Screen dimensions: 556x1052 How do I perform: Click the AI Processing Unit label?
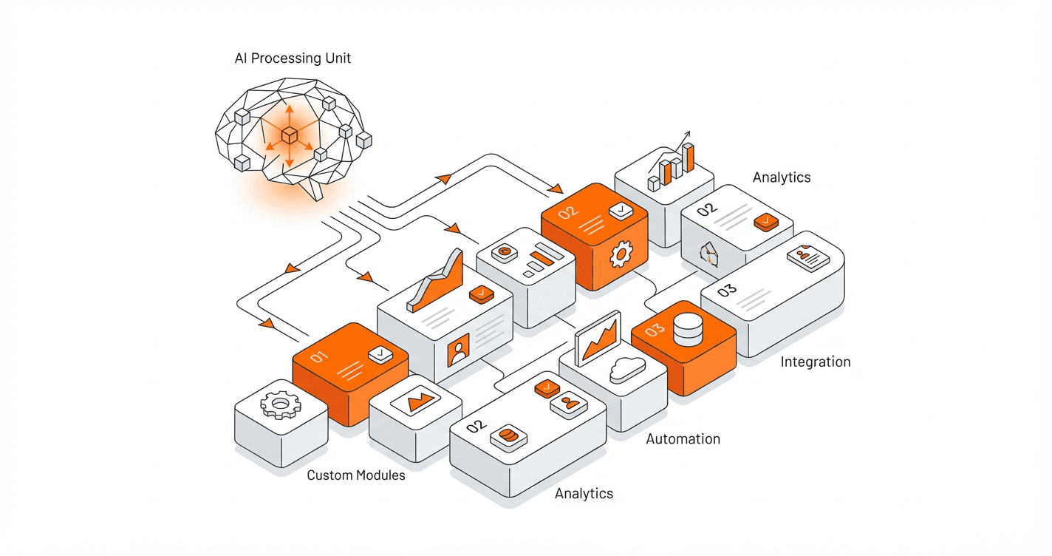point(293,58)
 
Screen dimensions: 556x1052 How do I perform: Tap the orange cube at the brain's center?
point(289,135)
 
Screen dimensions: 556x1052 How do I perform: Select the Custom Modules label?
point(356,475)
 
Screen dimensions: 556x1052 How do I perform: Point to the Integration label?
point(816,362)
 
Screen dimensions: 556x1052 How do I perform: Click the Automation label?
point(683,439)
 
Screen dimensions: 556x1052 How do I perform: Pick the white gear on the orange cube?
point(619,255)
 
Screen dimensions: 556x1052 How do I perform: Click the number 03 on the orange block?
point(655,331)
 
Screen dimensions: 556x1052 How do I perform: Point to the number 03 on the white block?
point(727,290)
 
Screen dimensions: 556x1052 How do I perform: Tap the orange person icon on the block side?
point(458,350)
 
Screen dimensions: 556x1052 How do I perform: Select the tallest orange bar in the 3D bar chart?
point(688,157)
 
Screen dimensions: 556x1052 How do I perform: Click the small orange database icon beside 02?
point(508,435)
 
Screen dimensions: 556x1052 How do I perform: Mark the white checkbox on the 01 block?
point(380,355)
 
